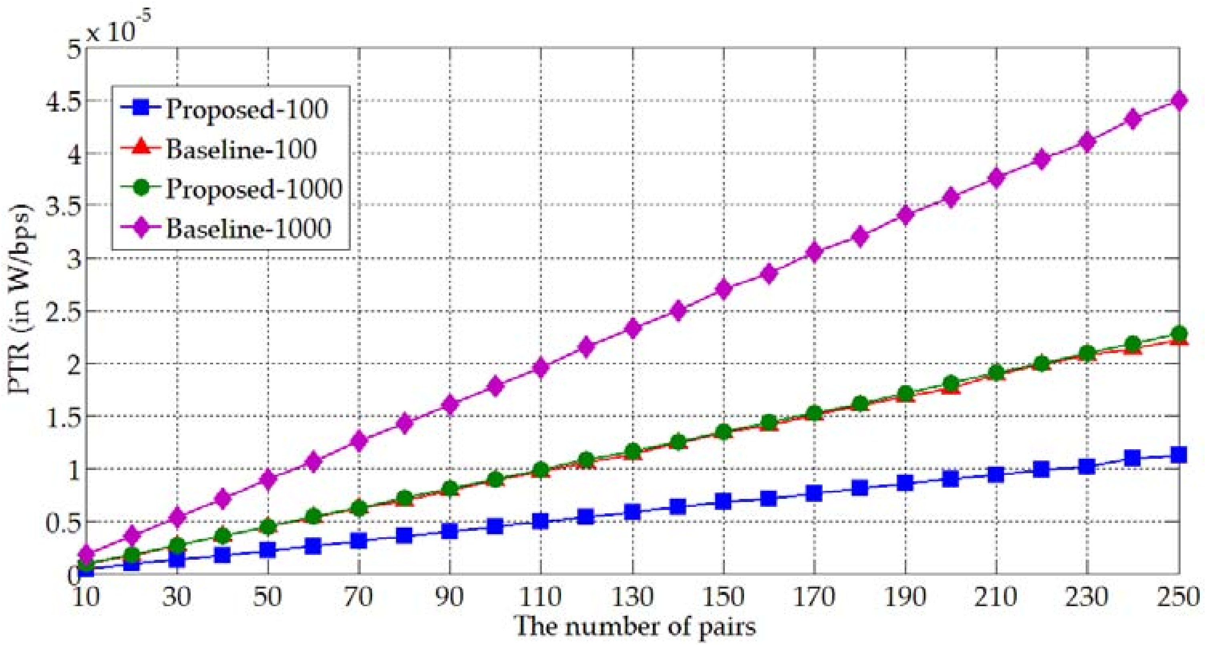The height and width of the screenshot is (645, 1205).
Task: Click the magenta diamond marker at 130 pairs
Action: [x=632, y=328]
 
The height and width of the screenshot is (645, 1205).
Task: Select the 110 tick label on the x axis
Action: [x=541, y=597]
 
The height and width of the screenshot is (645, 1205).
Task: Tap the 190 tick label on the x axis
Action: [x=905, y=597]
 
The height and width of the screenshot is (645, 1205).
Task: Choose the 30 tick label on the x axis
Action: [x=177, y=597]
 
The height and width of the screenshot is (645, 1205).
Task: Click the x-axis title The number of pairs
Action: [x=635, y=626]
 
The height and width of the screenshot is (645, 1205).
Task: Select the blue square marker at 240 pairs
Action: [x=1133, y=459]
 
